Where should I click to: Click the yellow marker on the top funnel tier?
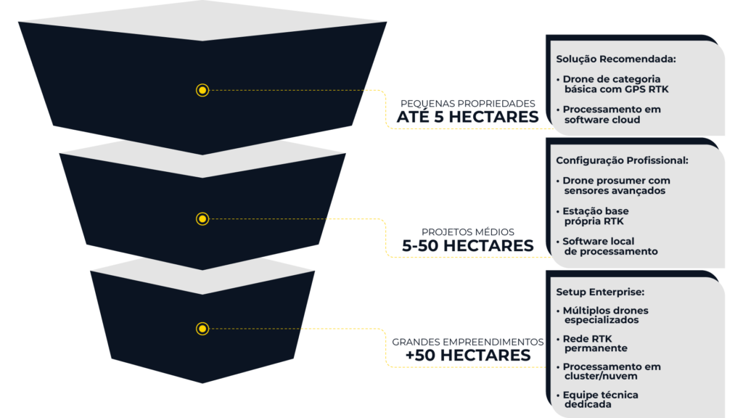click(202, 90)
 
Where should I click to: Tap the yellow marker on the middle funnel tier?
click(202, 218)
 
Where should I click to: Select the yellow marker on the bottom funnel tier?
click(202, 329)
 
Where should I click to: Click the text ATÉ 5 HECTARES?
click(468, 116)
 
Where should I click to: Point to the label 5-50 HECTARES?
click(468, 245)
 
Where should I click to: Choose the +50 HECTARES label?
click(468, 355)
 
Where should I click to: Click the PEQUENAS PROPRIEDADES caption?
click(468, 103)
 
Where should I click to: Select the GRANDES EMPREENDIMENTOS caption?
click(468, 341)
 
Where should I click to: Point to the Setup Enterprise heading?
click(600, 292)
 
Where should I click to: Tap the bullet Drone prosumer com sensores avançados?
click(616, 186)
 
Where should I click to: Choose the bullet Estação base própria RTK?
click(599, 216)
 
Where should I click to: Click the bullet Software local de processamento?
click(609, 246)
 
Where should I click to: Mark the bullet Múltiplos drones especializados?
click(605, 315)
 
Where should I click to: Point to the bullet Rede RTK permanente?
click(594, 343)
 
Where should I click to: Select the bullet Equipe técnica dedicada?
click(600, 400)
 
